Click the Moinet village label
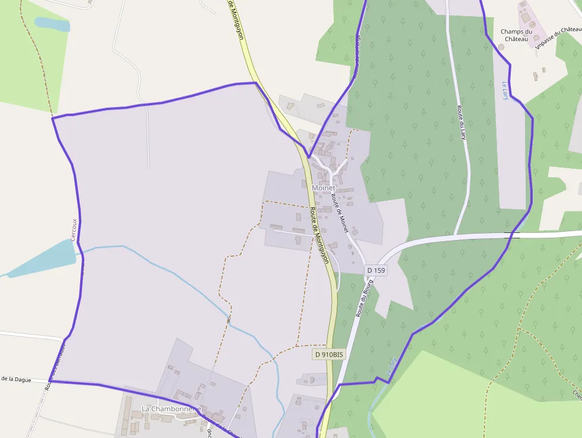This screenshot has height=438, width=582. click(x=324, y=188)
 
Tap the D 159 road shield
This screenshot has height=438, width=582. click(x=376, y=270)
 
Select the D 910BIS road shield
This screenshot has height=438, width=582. click(x=328, y=354)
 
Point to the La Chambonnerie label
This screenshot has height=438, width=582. click(x=171, y=409)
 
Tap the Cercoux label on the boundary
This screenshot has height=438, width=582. click(x=74, y=229)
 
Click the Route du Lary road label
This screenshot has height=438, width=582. click(x=461, y=122)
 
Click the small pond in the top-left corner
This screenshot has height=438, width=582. click(x=52, y=24)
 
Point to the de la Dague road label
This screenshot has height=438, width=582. click(x=15, y=379)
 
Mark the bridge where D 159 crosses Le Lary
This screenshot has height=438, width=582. click(x=512, y=236)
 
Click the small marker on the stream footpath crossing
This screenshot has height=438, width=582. click(x=229, y=320)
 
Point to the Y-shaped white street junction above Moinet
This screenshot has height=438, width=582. click(x=329, y=168)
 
